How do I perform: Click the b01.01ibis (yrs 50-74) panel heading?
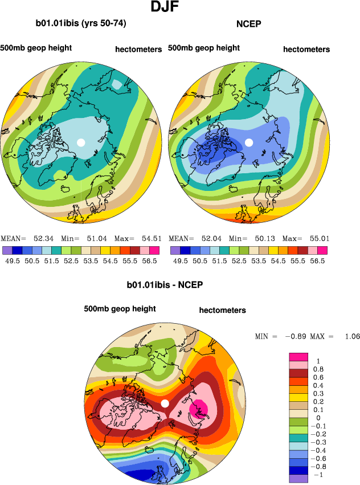coord(81,24)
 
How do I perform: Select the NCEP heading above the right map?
coord(248,24)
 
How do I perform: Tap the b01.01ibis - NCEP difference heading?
coord(165,284)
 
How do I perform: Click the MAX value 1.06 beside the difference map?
coord(352,336)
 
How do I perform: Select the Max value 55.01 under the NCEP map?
coord(318,238)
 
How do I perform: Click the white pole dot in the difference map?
coord(165,404)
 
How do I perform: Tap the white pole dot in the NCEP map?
coord(248,142)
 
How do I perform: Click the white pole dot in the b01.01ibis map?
coord(81,142)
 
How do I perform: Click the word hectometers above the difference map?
coord(222,311)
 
